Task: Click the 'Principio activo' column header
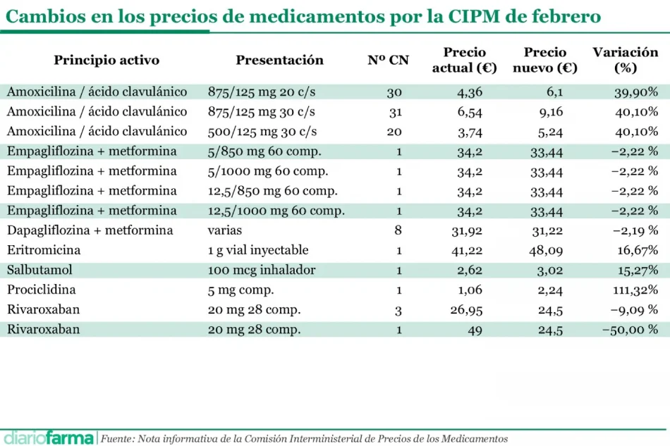[106, 61]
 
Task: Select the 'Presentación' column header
[279, 61]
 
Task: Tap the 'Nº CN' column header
[388, 61]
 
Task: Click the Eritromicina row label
[44, 250]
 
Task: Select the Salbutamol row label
[39, 270]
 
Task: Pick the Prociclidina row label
[42, 290]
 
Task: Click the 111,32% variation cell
[635, 290]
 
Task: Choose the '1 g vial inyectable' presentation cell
[258, 250]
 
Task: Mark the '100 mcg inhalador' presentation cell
[261, 270]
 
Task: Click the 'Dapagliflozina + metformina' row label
[90, 230]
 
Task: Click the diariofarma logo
[48, 438]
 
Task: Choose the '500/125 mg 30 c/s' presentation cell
[262, 131]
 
